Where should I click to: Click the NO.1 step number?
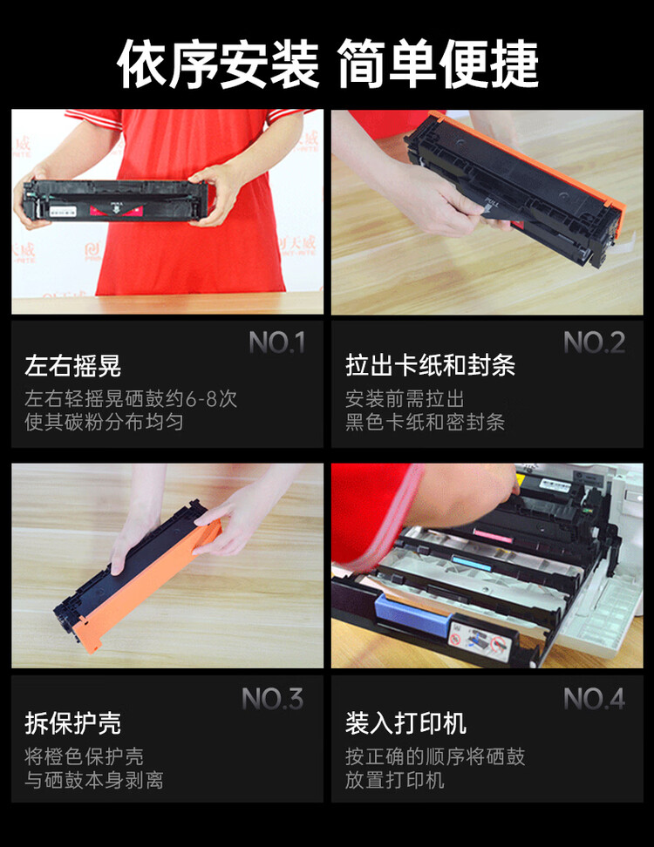(277, 342)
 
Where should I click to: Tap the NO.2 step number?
(594, 342)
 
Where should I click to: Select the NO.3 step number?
(272, 699)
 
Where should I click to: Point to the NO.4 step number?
(594, 699)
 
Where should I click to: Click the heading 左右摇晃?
(73, 366)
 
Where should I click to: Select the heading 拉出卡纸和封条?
(430, 365)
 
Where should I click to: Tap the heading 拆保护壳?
(73, 722)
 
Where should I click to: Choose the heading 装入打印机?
(405, 722)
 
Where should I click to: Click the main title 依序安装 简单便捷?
(328, 64)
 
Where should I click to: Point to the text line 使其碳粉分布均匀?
(104, 422)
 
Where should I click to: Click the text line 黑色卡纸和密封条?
(425, 422)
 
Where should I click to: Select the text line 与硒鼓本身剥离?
(94, 780)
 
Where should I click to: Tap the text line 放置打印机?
(395, 780)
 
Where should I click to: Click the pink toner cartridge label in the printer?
(493, 535)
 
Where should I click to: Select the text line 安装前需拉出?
(405, 399)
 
